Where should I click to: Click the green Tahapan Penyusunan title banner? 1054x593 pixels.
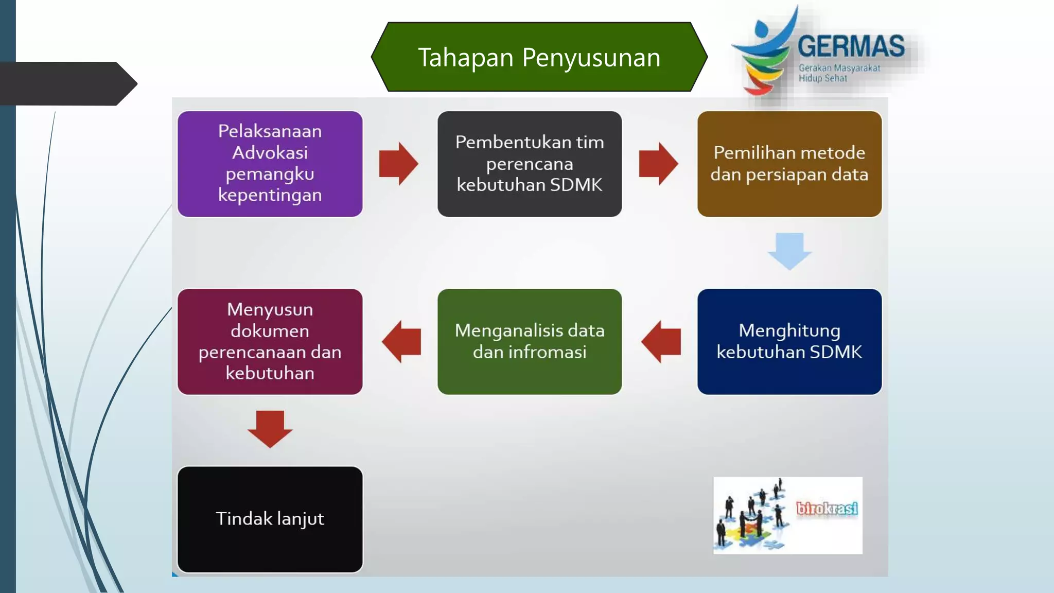click(539, 57)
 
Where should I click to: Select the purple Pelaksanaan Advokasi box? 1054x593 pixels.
click(270, 164)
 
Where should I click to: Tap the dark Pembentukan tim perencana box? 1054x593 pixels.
click(530, 164)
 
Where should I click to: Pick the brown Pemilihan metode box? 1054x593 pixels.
click(789, 164)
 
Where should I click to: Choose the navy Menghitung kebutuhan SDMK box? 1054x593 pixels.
click(789, 342)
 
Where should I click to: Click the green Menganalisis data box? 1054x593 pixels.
click(530, 342)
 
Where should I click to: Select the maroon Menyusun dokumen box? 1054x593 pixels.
click(270, 342)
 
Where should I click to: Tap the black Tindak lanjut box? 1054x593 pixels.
click(270, 519)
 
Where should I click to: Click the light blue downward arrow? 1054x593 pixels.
click(789, 251)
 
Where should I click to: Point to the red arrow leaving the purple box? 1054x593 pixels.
click(398, 164)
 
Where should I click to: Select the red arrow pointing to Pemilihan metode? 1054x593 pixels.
click(658, 164)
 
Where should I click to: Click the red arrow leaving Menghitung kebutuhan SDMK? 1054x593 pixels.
click(662, 342)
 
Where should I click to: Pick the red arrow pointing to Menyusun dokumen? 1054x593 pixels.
click(402, 342)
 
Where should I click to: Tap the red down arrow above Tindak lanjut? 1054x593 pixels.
click(270, 428)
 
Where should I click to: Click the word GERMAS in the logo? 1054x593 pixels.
click(851, 47)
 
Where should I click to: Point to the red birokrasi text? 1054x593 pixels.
click(827, 509)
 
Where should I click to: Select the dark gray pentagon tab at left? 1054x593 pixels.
click(67, 84)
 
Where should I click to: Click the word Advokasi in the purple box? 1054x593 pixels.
click(270, 153)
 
